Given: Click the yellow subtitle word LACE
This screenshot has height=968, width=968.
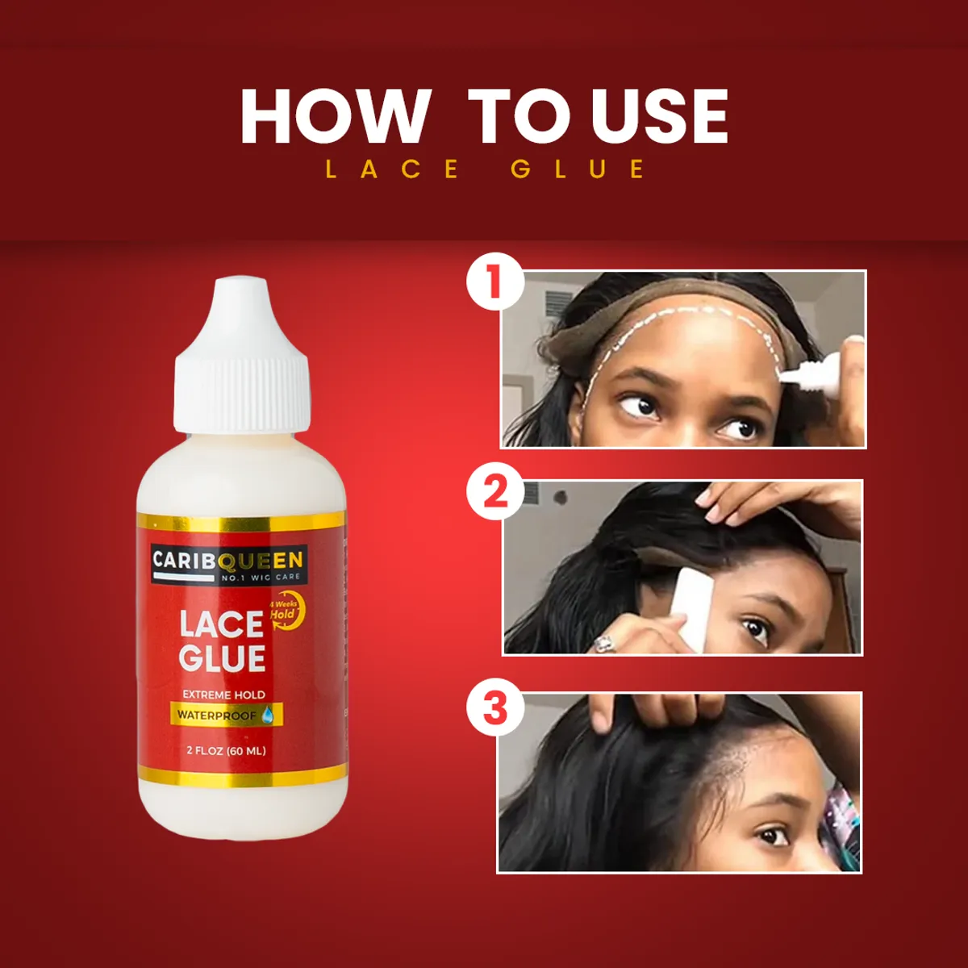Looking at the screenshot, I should tap(392, 169).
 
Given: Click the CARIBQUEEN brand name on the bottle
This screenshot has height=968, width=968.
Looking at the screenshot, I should tap(228, 560).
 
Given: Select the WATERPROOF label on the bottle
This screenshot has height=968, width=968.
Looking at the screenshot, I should tap(216, 715).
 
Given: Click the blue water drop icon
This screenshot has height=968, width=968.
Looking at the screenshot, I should tap(268, 714).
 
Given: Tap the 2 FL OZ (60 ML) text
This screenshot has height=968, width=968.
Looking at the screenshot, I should tap(226, 751).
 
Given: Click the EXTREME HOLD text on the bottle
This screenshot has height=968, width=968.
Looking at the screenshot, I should tap(223, 695).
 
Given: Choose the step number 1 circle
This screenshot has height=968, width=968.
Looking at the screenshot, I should tap(494, 284).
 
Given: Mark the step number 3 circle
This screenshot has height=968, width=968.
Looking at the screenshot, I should tap(494, 707).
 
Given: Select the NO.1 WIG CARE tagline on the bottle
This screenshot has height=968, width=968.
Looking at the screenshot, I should tap(261, 578).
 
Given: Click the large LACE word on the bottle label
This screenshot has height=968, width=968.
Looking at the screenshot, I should tap(222, 625).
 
